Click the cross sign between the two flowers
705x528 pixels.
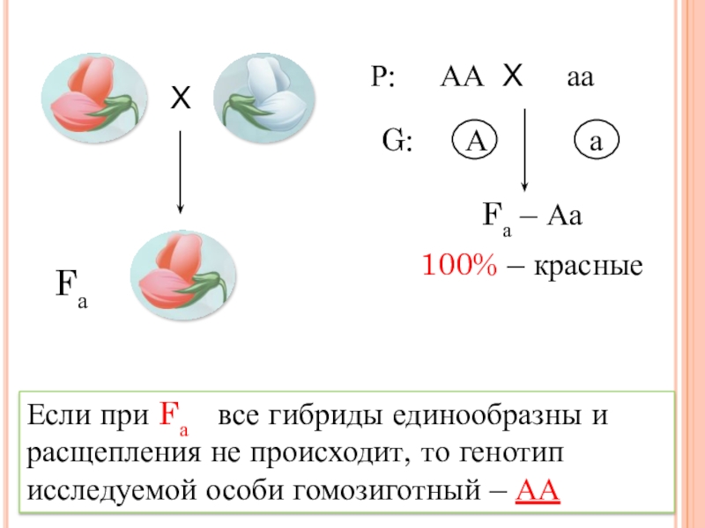tap(180, 100)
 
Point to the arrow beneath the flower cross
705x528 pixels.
tap(180, 172)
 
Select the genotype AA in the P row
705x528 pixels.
tap(462, 78)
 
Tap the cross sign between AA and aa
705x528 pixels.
tap(513, 77)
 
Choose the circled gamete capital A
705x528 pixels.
tap(476, 141)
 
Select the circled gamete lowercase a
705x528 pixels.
tap(597, 141)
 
